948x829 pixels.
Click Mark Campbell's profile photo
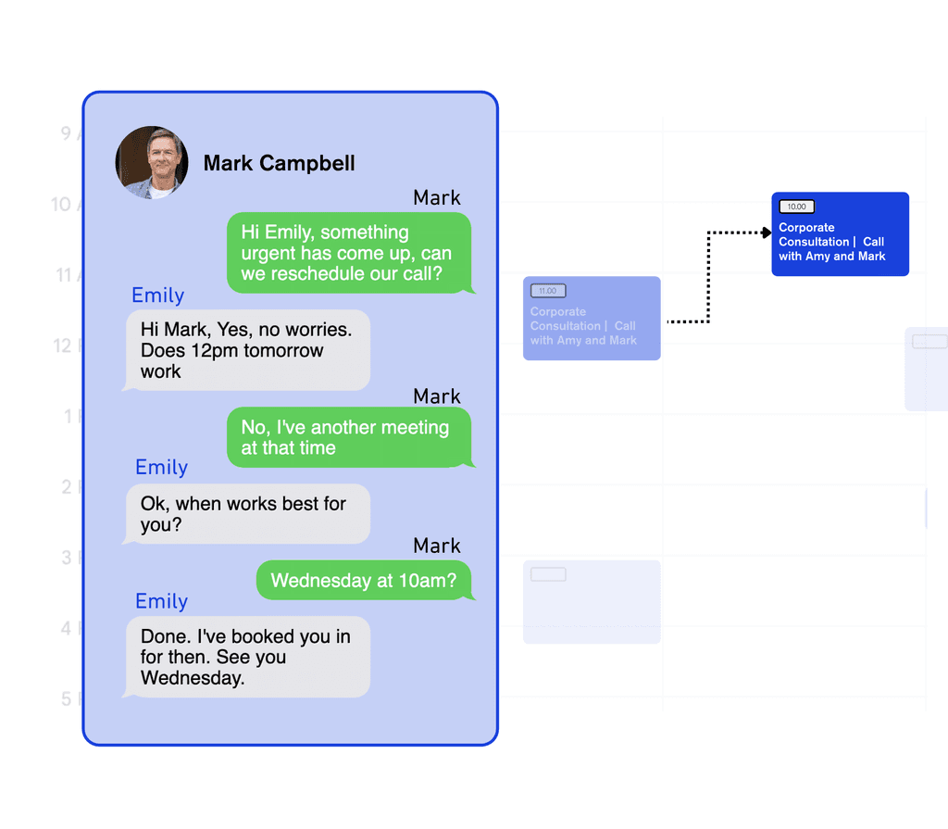(x=152, y=163)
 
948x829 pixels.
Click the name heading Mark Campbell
(x=279, y=164)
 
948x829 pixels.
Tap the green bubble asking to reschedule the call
(x=349, y=253)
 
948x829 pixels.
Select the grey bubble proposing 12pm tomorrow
(x=246, y=350)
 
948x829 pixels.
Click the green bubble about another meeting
(x=349, y=437)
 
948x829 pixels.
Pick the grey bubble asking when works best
(x=246, y=514)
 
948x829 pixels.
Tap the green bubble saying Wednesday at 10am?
(x=363, y=581)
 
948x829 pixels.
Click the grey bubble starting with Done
(x=246, y=657)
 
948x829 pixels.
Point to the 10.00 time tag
(x=796, y=207)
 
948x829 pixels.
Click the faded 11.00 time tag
(x=548, y=291)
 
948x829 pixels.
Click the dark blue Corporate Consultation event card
(x=841, y=234)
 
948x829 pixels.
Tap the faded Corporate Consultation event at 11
(x=592, y=319)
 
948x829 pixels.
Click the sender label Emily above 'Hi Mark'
(x=158, y=295)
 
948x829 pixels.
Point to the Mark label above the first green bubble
(x=437, y=197)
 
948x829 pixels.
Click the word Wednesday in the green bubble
(x=319, y=582)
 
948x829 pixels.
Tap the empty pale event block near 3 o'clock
(x=592, y=602)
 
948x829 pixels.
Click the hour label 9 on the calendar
(x=66, y=133)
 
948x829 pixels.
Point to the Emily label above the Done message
(x=161, y=601)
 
